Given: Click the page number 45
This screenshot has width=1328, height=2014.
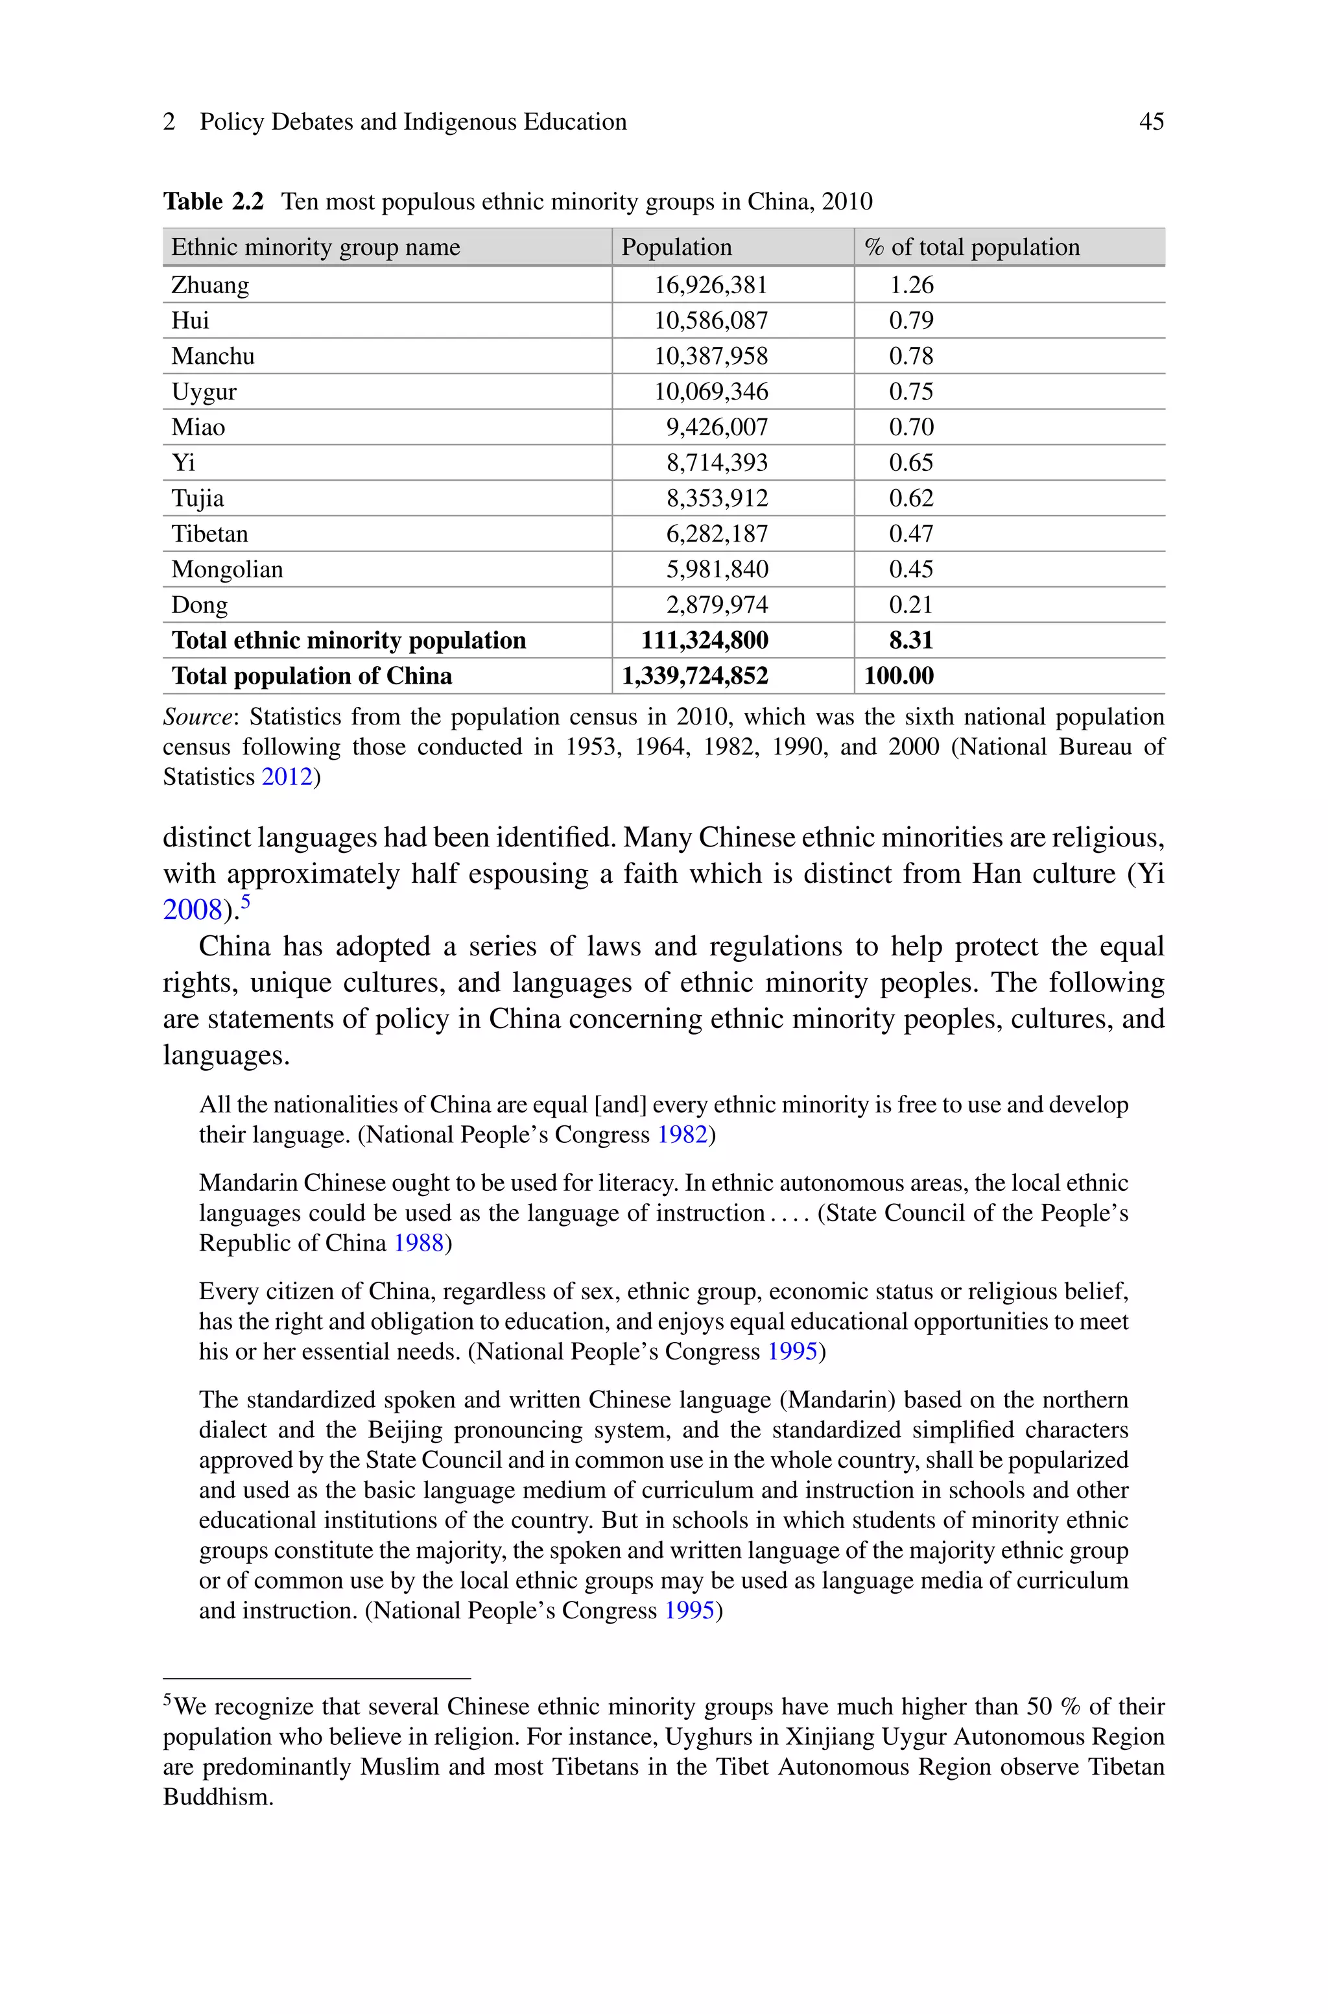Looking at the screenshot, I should click(x=1151, y=122).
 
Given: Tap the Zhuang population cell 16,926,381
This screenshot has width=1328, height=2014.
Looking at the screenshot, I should click(x=710, y=285).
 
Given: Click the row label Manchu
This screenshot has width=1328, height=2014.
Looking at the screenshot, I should click(x=213, y=357).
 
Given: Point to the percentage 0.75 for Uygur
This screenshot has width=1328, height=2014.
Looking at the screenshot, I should click(x=910, y=392).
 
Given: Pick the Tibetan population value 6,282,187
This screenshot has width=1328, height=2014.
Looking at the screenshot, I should click(x=717, y=534).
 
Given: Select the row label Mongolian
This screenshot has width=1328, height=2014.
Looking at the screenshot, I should click(x=227, y=570).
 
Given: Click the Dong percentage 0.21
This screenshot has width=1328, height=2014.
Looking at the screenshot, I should click(x=910, y=606).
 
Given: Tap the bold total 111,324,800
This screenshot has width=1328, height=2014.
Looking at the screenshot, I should click(x=704, y=641).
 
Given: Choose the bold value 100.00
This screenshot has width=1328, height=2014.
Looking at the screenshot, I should click(x=899, y=677).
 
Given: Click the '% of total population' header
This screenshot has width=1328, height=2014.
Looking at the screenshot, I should click(x=971, y=247).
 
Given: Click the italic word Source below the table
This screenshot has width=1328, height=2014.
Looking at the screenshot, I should click(x=196, y=717).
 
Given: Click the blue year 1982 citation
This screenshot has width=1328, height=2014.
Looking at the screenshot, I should click(x=682, y=1135).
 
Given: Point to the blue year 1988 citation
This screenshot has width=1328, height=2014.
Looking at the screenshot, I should click(x=418, y=1243).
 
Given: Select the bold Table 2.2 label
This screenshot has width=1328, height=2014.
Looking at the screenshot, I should click(x=213, y=202).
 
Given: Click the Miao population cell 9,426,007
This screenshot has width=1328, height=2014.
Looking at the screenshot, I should click(x=717, y=427).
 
